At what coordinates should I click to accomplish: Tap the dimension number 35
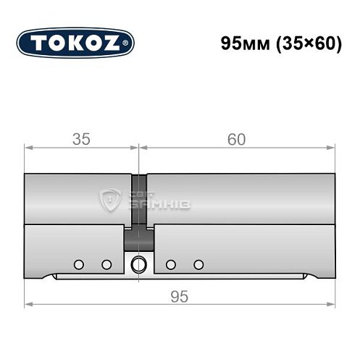(x=80, y=140)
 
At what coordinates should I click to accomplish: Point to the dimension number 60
(x=236, y=140)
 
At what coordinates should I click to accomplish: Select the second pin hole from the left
(x=106, y=264)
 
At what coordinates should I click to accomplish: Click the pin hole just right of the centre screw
(x=170, y=264)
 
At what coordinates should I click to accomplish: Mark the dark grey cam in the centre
(x=138, y=236)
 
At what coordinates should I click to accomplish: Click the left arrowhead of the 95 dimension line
(x=28, y=305)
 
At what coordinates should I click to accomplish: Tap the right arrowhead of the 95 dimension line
(x=332, y=305)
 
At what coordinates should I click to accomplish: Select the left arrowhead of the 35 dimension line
(x=28, y=148)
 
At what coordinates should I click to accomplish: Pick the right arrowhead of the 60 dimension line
(x=332, y=148)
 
